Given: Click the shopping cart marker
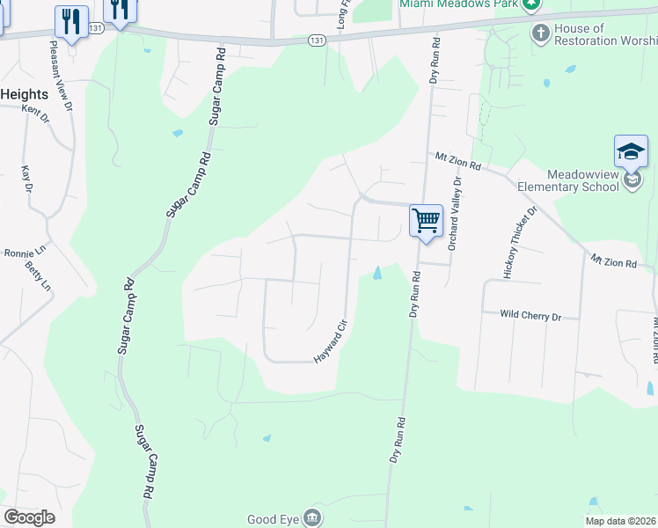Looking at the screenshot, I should (426, 219).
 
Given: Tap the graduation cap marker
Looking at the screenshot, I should (631, 151).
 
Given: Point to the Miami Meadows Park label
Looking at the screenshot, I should (457, 4).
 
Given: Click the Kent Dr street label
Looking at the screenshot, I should (36, 112).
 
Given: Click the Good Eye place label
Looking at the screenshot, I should (274, 519).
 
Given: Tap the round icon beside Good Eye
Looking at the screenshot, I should (312, 517).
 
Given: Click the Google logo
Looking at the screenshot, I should (29, 517).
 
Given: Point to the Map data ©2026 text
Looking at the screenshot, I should (620, 521).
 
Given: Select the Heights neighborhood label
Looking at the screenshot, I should (24, 94).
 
